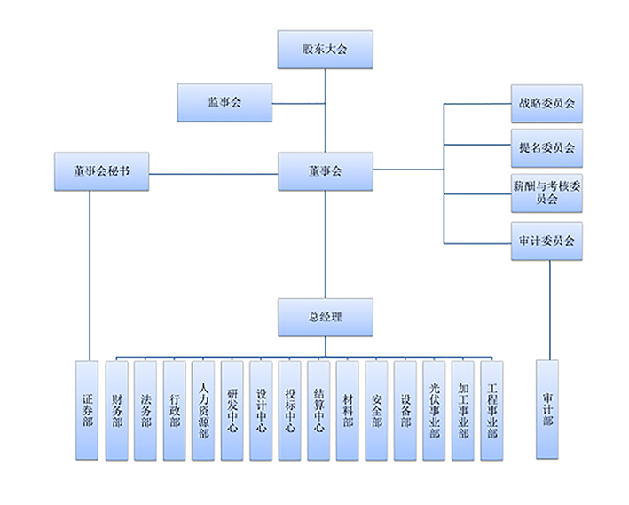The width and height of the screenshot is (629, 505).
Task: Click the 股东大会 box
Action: tap(325, 50)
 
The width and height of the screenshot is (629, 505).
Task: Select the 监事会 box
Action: tap(224, 102)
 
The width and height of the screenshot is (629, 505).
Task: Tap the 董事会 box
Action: tap(325, 171)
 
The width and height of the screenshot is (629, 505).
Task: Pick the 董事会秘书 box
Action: tap(100, 171)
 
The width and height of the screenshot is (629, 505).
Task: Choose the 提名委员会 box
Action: tap(546, 148)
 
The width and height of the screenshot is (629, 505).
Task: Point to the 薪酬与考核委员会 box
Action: tap(546, 193)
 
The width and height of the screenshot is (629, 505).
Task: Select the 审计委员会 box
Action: tap(546, 241)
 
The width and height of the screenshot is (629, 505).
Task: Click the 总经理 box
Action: tap(325, 317)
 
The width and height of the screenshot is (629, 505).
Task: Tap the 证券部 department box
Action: tap(88, 410)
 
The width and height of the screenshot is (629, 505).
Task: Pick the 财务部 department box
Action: tap(116, 410)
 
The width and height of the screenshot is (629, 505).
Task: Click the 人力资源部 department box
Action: tap(203, 410)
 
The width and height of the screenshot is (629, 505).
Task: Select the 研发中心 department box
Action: tap(232, 410)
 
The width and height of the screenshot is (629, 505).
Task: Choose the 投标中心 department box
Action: tap(289, 410)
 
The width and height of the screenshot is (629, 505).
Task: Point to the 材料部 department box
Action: tap(347, 410)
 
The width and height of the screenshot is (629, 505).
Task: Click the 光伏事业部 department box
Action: tap(434, 410)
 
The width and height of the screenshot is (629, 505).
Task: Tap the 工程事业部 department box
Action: tap(491, 410)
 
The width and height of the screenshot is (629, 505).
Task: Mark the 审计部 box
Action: tap(548, 410)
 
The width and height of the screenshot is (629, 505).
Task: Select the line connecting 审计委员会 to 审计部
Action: tap(550, 311)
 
